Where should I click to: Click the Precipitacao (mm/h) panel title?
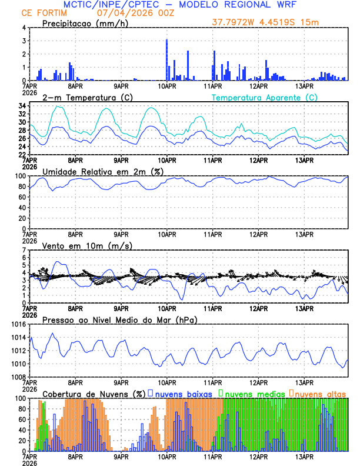pyautogui.click(x=85, y=23)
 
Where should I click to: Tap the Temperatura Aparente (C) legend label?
pyautogui.click(x=265, y=97)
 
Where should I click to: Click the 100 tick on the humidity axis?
pyautogui.click(x=19, y=176)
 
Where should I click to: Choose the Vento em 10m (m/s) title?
pyautogui.click(x=87, y=245)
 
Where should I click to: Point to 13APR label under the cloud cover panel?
pyautogui.click(x=304, y=457)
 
